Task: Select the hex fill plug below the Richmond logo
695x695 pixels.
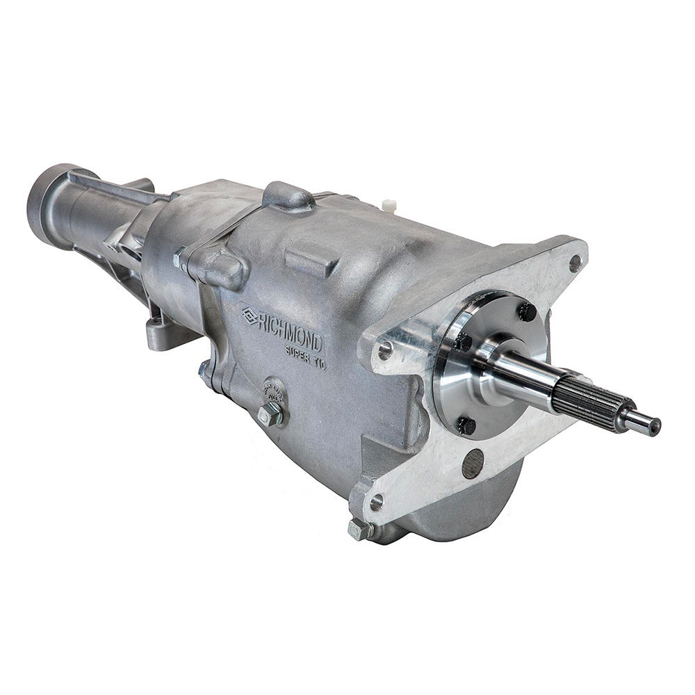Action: click(270, 414)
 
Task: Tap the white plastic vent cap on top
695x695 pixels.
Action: click(389, 205)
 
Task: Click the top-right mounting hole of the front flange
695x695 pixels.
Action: click(574, 263)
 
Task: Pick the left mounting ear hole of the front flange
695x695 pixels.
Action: click(384, 351)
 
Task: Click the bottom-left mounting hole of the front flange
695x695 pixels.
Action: click(376, 502)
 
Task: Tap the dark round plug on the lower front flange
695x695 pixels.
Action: click(473, 462)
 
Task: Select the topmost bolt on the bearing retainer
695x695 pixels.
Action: click(526, 312)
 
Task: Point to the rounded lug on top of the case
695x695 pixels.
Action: click(287, 196)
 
